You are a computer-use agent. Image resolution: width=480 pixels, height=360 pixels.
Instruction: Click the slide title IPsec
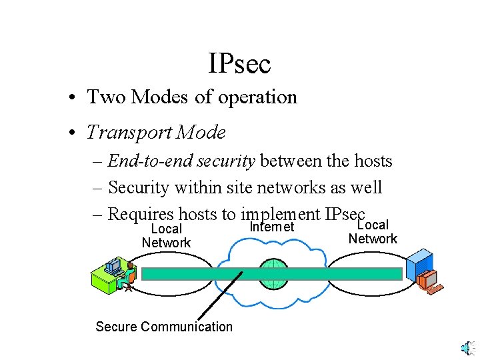pyautogui.click(x=239, y=64)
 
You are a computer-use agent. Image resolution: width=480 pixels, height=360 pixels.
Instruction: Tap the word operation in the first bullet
pyautogui.click(x=256, y=97)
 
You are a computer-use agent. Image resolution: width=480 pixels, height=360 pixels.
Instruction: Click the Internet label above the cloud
pyautogui.click(x=271, y=227)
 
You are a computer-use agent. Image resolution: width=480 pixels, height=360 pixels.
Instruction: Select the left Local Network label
pyautogui.click(x=166, y=236)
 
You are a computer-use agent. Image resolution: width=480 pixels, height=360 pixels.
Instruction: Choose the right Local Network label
pyautogui.click(x=373, y=232)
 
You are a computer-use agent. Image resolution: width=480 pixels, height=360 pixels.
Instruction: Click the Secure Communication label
pyautogui.click(x=164, y=327)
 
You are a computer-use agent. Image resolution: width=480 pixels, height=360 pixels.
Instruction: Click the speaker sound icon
pyautogui.click(x=467, y=347)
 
